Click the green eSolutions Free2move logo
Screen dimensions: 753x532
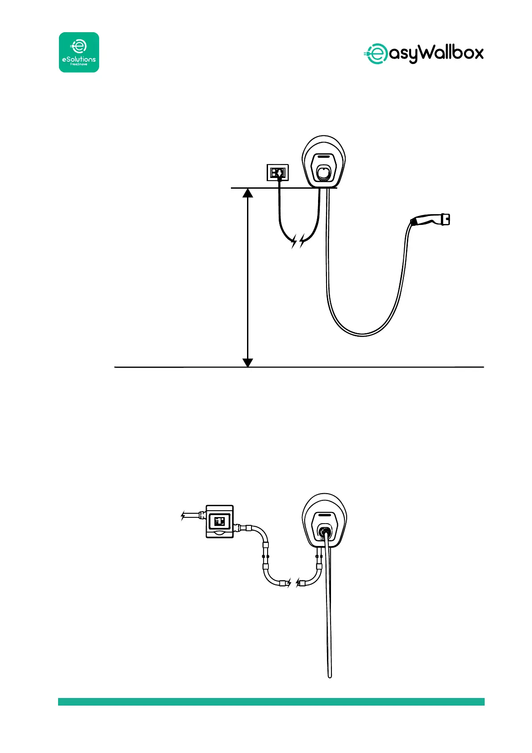pyautogui.click(x=79, y=52)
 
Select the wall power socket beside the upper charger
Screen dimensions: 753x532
pyautogui.click(x=278, y=172)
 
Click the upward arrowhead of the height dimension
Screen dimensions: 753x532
pyautogui.click(x=247, y=193)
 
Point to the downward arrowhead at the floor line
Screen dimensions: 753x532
pyautogui.click(x=247, y=362)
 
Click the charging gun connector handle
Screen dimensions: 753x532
pyautogui.click(x=430, y=220)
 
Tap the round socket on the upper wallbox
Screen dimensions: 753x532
pyautogui.click(x=324, y=172)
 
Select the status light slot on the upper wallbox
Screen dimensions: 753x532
pyautogui.click(x=324, y=157)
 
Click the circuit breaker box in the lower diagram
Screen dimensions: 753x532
pyautogui.click(x=219, y=521)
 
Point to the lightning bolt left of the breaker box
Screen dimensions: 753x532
pyautogui.click(x=183, y=516)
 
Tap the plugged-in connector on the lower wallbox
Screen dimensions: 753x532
pyautogui.click(x=325, y=532)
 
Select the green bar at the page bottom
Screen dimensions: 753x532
pyautogui.click(x=271, y=702)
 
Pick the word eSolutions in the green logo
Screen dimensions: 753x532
pyautogui.click(x=79, y=59)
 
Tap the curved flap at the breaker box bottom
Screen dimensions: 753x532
pyautogui.click(x=219, y=533)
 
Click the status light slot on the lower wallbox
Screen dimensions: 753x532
pyautogui.click(x=325, y=516)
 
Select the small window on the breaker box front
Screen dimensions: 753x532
pyautogui.click(x=220, y=520)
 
